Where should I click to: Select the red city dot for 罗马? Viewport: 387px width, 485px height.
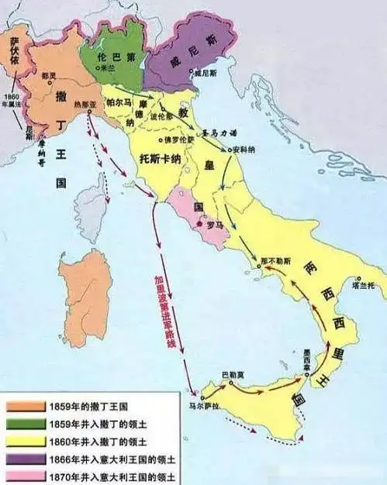(x=200, y=224)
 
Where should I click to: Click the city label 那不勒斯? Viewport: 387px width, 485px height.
(x=278, y=253)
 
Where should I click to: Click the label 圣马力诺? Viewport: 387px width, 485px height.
(x=216, y=133)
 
